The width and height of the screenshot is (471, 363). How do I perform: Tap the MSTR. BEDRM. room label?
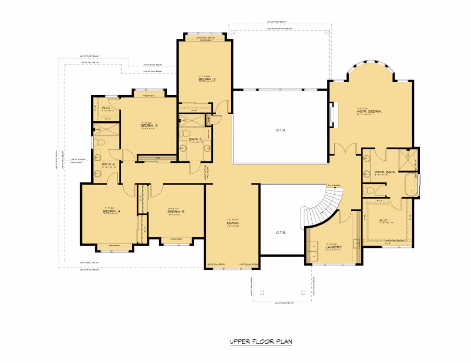pos(369,111)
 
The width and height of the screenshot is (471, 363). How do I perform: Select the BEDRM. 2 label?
pos(207,80)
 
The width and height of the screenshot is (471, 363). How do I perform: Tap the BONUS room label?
pos(233,222)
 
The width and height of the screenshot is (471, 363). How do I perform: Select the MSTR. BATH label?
pos(385,173)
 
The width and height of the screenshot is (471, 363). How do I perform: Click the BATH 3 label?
pos(195,140)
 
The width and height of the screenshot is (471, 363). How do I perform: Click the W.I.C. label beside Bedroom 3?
pos(106,108)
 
